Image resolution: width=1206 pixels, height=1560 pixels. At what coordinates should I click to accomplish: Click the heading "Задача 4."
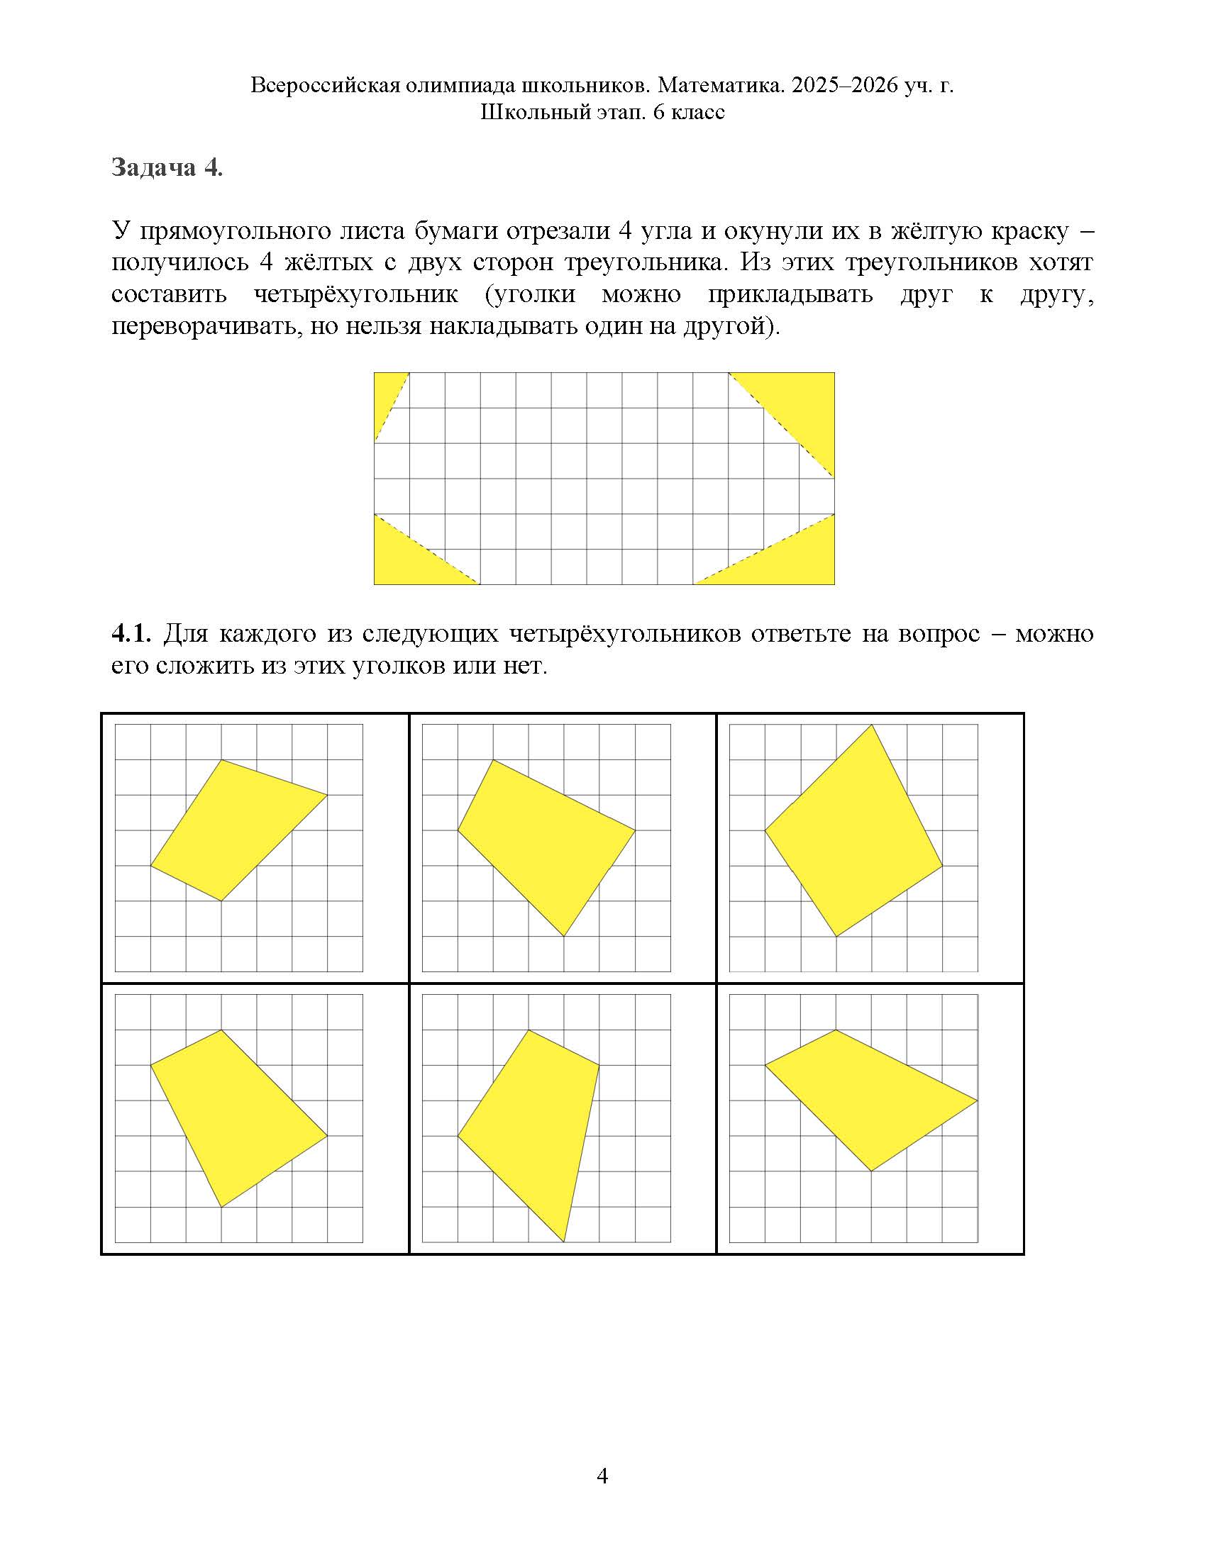(167, 167)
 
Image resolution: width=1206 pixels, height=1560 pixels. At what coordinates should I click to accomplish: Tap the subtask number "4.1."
(131, 633)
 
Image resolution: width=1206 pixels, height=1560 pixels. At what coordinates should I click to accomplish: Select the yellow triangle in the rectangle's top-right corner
(800, 407)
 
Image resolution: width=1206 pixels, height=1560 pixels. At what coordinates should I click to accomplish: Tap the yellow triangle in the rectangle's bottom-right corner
(793, 561)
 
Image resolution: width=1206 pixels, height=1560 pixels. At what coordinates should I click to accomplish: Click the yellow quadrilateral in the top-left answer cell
(236, 828)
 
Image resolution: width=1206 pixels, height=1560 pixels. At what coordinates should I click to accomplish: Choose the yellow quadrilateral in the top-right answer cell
(853, 836)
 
